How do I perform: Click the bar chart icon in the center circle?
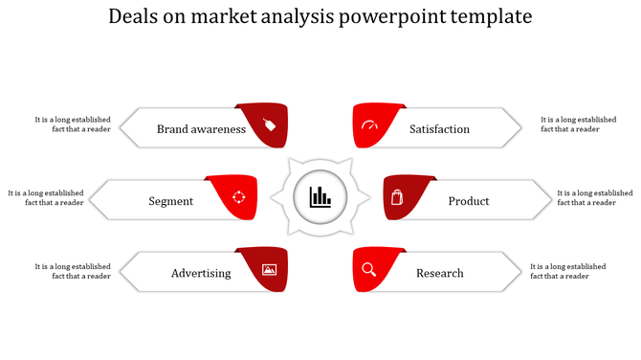[320, 198]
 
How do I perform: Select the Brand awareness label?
[201, 129]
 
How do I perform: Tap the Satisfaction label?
[439, 129]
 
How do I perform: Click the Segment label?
[171, 201]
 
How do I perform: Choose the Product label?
[469, 201]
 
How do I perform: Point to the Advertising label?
[201, 273]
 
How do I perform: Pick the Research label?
[439, 273]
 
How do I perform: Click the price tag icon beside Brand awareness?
[269, 124]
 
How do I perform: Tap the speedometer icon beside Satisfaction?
[370, 126]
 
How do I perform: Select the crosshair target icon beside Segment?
[239, 197]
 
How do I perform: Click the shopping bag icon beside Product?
[398, 198]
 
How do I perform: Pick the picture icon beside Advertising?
[269, 270]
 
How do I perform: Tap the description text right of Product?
[594, 197]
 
